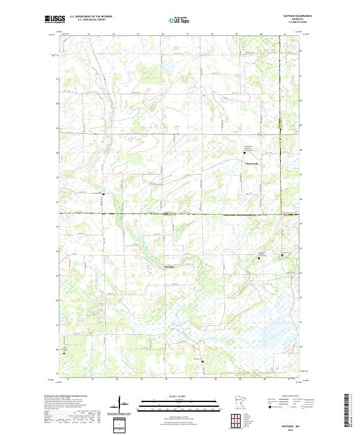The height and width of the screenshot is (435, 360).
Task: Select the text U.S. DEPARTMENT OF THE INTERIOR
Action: [91, 17]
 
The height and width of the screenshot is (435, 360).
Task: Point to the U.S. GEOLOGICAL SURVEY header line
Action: [88, 20]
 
